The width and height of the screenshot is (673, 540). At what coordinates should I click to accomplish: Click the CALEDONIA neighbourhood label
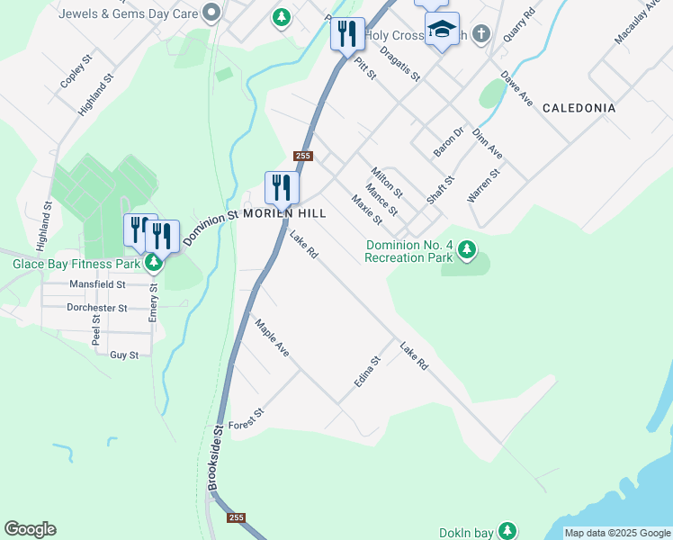coord(579,108)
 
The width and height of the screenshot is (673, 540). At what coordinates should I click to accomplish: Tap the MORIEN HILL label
coord(283,214)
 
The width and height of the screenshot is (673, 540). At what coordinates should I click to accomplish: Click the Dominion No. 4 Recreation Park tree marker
coord(466,248)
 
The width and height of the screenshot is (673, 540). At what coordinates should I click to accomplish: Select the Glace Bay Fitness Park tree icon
coord(154,263)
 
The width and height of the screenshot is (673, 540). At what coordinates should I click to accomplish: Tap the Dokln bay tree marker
coord(508,531)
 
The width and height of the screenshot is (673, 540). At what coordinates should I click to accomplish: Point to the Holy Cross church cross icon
coord(481,35)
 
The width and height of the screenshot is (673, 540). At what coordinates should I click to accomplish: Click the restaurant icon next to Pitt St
coord(347,34)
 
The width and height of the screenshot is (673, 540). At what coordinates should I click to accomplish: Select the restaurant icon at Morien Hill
coord(282,187)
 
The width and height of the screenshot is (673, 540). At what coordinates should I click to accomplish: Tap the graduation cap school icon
coord(442,30)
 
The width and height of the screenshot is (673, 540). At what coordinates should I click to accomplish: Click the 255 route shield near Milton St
coord(302,156)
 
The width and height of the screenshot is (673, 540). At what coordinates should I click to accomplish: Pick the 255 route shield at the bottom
coord(237,517)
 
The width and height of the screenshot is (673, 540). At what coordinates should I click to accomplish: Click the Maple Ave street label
coord(272,337)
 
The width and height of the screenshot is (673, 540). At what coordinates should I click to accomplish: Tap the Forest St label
coord(246,418)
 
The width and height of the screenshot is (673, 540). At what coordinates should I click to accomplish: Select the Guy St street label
coord(124,355)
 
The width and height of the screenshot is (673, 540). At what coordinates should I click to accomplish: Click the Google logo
coord(30,529)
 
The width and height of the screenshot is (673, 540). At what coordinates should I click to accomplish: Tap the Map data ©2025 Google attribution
coord(617,533)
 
